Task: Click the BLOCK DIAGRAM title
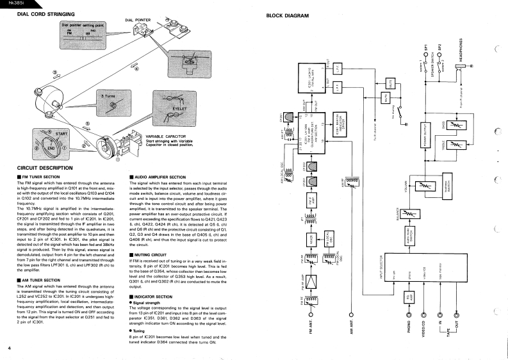coord(284,15)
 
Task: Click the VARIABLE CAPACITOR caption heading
coord(167,136)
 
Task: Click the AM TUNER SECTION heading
coord(40,261)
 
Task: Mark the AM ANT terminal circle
coord(351,315)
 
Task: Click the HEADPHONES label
coord(461,51)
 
